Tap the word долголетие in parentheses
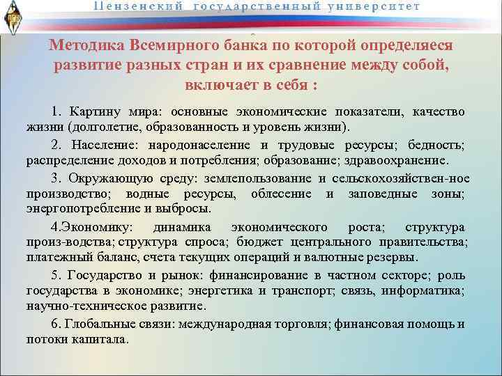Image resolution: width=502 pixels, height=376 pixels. [122, 129]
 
